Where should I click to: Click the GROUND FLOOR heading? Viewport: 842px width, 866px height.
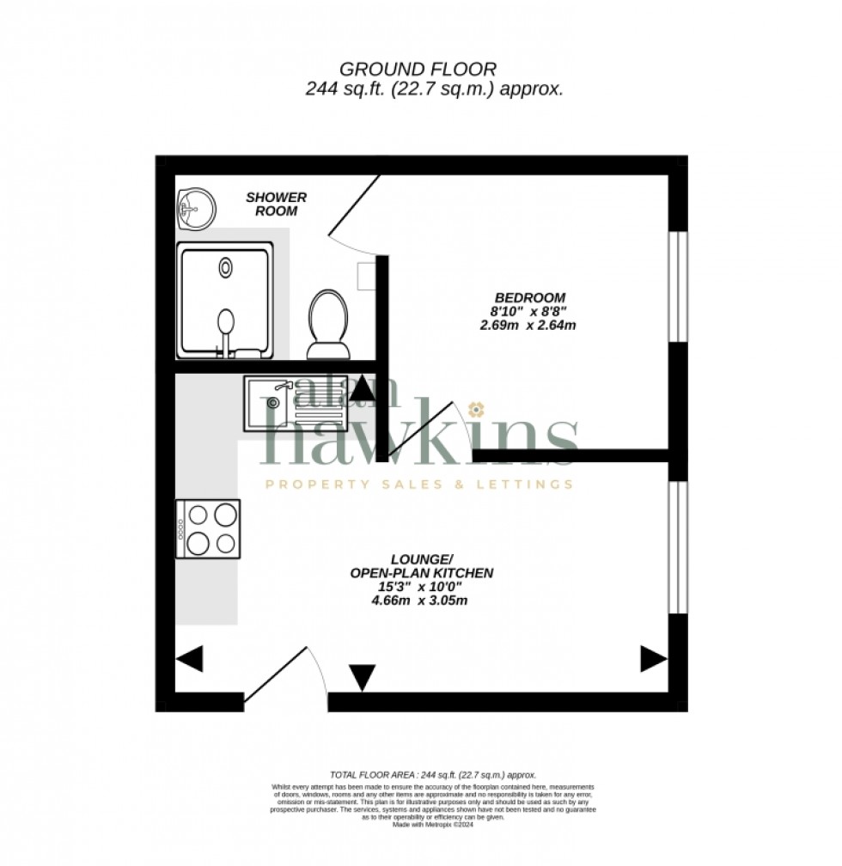(x=418, y=69)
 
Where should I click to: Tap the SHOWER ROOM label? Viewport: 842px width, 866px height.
(x=276, y=204)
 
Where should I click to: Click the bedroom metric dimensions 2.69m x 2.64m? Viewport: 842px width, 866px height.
(x=528, y=325)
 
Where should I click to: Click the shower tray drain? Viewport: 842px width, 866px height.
(x=225, y=267)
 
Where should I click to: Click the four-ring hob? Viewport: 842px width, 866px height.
(x=208, y=528)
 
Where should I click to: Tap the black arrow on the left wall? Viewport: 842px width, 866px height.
(x=190, y=660)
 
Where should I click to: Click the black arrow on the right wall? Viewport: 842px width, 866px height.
(x=652, y=659)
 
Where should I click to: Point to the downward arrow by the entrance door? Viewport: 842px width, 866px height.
(x=363, y=677)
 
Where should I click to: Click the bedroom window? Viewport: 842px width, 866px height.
(x=678, y=287)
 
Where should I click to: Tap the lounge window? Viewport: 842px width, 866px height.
(x=678, y=547)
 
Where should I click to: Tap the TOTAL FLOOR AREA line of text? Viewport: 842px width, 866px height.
(x=433, y=774)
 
